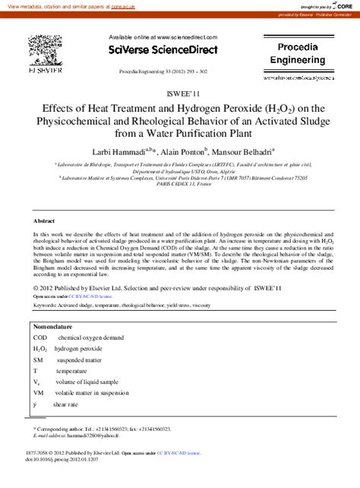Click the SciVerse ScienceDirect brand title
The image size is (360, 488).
click(x=163, y=50)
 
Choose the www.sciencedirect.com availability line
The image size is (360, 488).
click(x=163, y=36)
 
